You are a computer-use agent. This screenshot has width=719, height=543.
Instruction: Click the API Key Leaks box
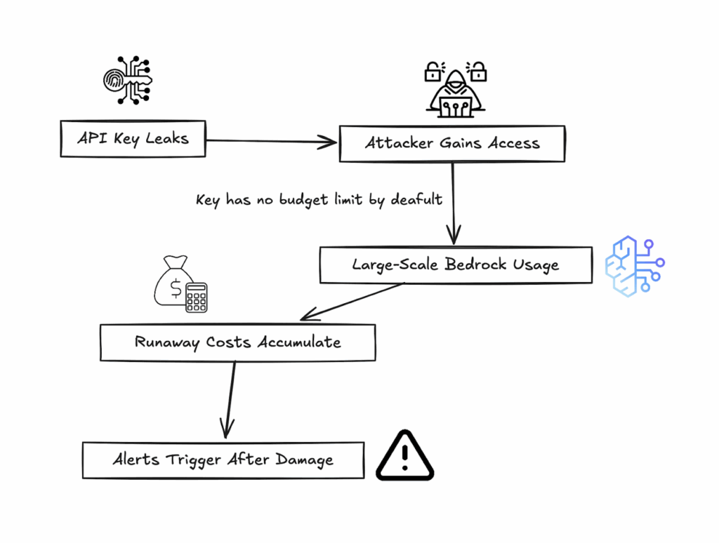pos(132,138)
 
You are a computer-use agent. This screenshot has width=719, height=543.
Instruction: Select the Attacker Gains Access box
pos(451,144)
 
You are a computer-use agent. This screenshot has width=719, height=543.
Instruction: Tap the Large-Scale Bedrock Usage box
pos(455,264)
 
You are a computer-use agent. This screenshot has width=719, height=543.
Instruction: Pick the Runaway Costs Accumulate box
pos(237,342)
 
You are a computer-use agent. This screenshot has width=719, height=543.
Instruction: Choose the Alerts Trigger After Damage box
pos(223,460)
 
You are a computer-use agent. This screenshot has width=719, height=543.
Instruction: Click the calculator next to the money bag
pos(196,297)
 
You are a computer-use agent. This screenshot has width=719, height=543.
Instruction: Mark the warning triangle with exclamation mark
pos(404,456)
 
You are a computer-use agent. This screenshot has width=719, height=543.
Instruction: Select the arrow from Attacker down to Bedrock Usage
pos(454,203)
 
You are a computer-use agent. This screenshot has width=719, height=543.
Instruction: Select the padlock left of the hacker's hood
pos(433,71)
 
